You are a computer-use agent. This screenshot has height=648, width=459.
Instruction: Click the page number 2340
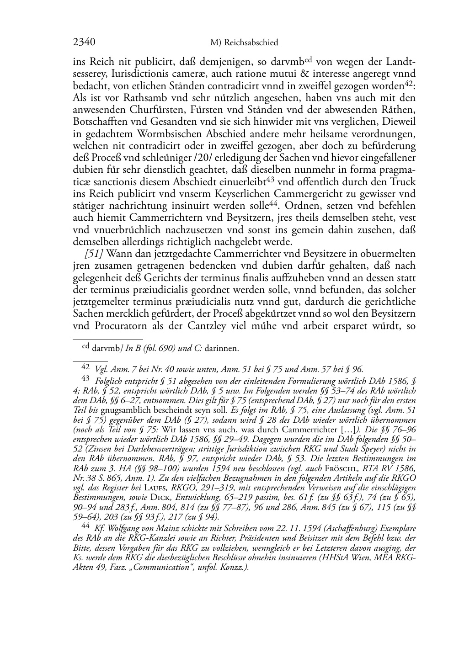click(x=84, y=42)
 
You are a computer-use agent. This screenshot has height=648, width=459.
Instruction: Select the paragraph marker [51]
click(x=94, y=253)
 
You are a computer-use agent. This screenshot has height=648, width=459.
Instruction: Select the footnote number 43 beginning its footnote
click(x=85, y=378)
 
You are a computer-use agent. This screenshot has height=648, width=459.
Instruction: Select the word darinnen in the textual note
click(x=222, y=349)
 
